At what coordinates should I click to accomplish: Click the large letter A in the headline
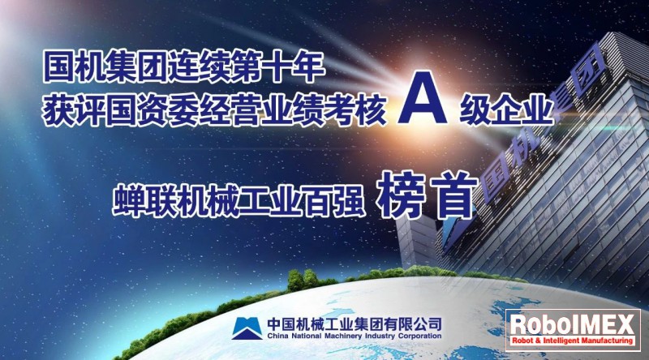pyautogui.click(x=422, y=98)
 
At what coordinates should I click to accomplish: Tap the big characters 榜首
pyautogui.click(x=428, y=195)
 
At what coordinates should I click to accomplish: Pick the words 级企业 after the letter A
pyautogui.click(x=506, y=109)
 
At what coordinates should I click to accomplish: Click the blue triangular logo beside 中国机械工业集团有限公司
pyautogui.click(x=247, y=328)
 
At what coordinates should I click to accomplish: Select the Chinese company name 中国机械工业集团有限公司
pyautogui.click(x=355, y=324)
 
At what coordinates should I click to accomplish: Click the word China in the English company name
pyautogui.click(x=277, y=336)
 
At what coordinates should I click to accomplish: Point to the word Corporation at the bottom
pyautogui.click(x=419, y=336)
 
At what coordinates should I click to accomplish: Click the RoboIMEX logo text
pyautogui.click(x=573, y=324)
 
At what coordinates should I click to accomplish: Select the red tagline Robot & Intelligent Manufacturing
pyautogui.click(x=573, y=341)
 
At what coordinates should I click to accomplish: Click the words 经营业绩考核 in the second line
pyautogui.click(x=293, y=109)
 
